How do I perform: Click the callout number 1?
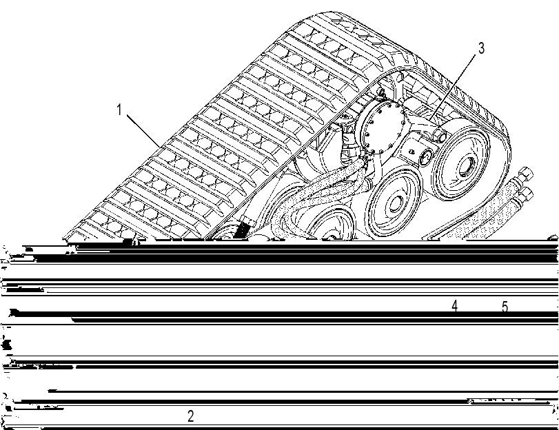[119, 110]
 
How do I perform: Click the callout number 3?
[481, 48]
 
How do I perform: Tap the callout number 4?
[454, 305]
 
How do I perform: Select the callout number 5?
[505, 306]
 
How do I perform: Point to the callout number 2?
[191, 416]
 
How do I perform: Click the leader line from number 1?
[143, 131]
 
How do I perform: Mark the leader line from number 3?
[453, 87]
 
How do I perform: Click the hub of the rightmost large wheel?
[465, 166]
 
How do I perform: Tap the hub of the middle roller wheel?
[395, 204]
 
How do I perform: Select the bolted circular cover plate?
[381, 127]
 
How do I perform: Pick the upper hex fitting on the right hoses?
[525, 174]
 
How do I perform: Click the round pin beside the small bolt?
[425, 156]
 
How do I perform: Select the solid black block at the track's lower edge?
[242, 229]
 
